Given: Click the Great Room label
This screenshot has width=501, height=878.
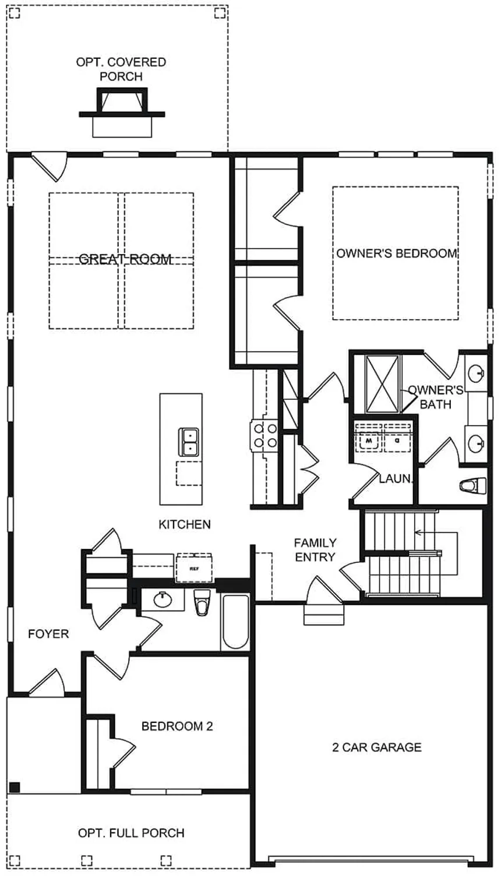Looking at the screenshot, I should click(x=125, y=259).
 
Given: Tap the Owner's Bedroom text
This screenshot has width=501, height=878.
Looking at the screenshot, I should click(x=396, y=253).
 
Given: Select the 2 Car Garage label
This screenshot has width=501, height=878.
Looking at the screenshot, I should click(x=376, y=747).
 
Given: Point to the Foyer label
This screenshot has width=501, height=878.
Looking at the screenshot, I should click(x=48, y=633).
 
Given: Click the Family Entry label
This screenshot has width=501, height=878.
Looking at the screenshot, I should click(x=315, y=549).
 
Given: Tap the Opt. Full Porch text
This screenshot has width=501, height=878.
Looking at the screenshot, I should click(x=131, y=833).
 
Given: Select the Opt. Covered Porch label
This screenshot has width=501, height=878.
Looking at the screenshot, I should click(x=121, y=69).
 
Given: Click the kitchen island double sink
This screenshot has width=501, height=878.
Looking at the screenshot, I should click(x=189, y=442).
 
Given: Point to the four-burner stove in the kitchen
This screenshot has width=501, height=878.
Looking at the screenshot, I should click(x=265, y=436).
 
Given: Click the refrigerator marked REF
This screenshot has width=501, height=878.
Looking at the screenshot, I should click(x=194, y=567).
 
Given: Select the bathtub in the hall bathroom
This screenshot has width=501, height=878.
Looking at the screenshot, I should click(x=235, y=622).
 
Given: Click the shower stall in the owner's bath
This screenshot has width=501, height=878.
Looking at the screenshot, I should click(x=382, y=383).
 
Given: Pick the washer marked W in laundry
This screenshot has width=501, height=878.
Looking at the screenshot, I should click(x=369, y=442).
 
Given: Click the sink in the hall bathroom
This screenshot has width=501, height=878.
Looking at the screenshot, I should click(x=162, y=599).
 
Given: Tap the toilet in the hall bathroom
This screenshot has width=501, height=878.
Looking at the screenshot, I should click(x=202, y=602).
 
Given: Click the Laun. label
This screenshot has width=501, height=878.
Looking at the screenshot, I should click(x=396, y=479).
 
